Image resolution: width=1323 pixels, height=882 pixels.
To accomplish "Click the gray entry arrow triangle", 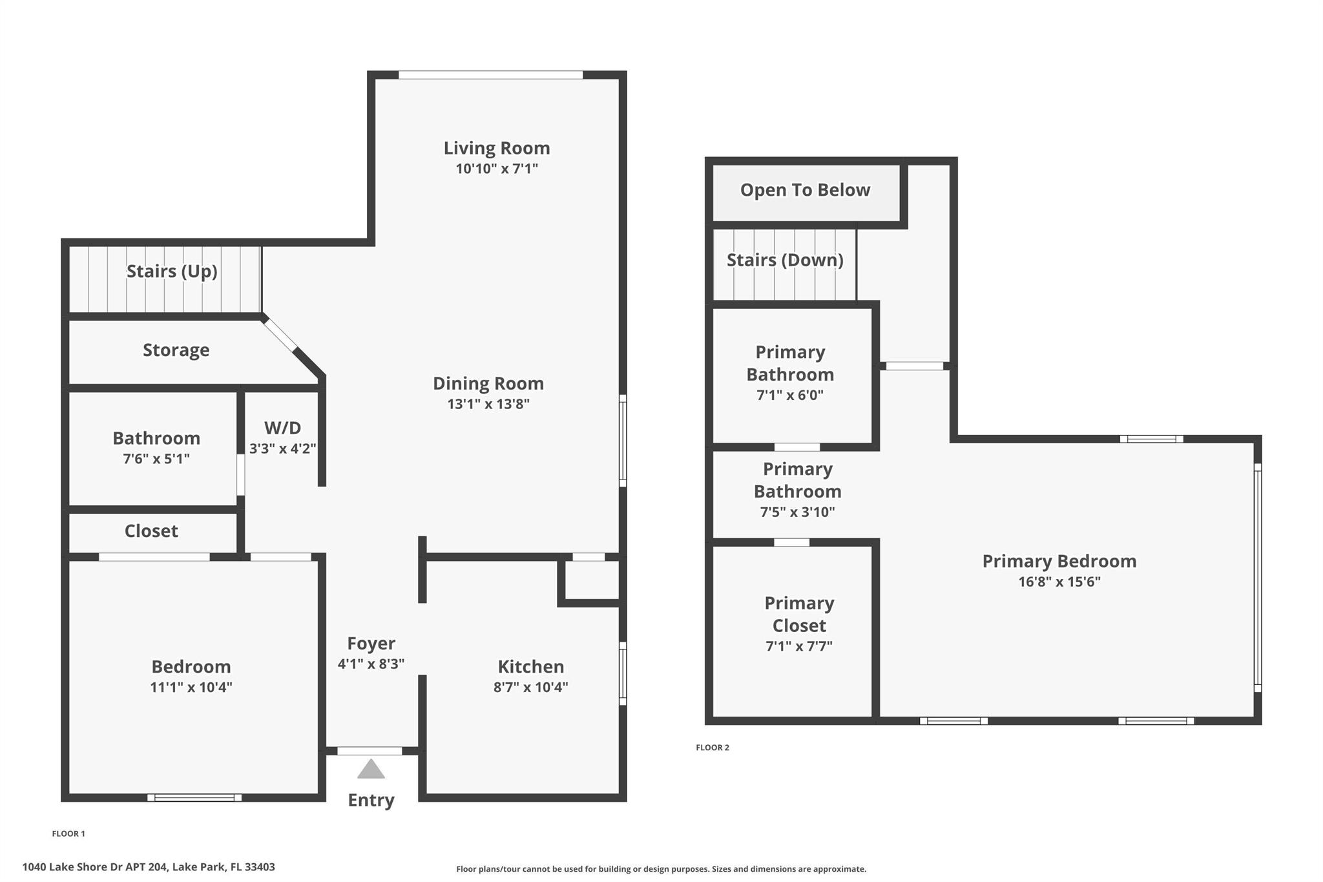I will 371,770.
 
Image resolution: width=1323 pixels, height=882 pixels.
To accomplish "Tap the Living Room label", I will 496,148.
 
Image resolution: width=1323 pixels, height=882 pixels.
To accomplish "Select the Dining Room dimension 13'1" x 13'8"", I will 488,404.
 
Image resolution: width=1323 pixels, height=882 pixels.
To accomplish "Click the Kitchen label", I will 530,666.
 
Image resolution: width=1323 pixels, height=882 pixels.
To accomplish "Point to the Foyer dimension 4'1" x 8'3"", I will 371,664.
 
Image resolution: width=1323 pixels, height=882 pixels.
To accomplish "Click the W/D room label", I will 282,428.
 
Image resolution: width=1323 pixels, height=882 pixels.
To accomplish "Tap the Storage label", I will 176,350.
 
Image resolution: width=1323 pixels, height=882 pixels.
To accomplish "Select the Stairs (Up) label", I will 171,271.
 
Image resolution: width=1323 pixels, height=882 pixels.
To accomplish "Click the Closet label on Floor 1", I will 151,530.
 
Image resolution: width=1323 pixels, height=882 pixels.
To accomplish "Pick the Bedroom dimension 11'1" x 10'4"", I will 191,687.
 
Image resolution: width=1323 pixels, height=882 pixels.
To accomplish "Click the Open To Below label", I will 805,190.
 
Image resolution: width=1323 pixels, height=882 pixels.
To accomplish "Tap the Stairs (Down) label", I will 785,260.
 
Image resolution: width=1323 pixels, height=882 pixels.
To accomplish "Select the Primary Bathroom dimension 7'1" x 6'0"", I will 789,395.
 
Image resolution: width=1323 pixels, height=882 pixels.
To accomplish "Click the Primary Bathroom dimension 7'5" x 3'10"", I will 797,512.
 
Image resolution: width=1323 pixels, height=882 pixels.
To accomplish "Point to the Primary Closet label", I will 799,614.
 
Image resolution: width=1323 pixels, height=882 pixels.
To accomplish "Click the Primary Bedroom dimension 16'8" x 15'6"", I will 1059,581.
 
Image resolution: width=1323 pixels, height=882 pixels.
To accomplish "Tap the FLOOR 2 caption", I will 712,748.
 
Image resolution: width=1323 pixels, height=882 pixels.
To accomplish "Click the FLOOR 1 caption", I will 68,834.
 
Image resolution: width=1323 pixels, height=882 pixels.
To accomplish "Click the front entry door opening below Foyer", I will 370,751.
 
